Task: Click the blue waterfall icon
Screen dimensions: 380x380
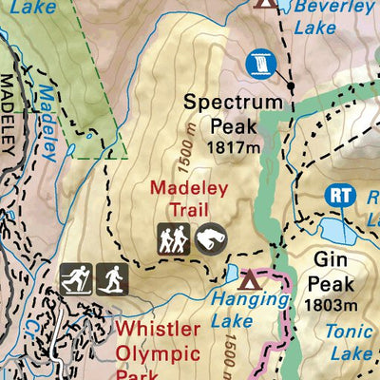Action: click(x=258, y=63)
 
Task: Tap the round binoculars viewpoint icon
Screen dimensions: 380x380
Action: click(x=211, y=239)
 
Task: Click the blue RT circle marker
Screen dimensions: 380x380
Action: click(x=341, y=196)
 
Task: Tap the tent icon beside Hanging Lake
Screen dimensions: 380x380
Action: click(x=251, y=279)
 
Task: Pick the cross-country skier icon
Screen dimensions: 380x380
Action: click(x=75, y=278)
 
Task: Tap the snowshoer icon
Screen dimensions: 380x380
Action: click(x=112, y=278)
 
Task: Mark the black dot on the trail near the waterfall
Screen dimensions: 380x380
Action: click(x=292, y=85)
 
